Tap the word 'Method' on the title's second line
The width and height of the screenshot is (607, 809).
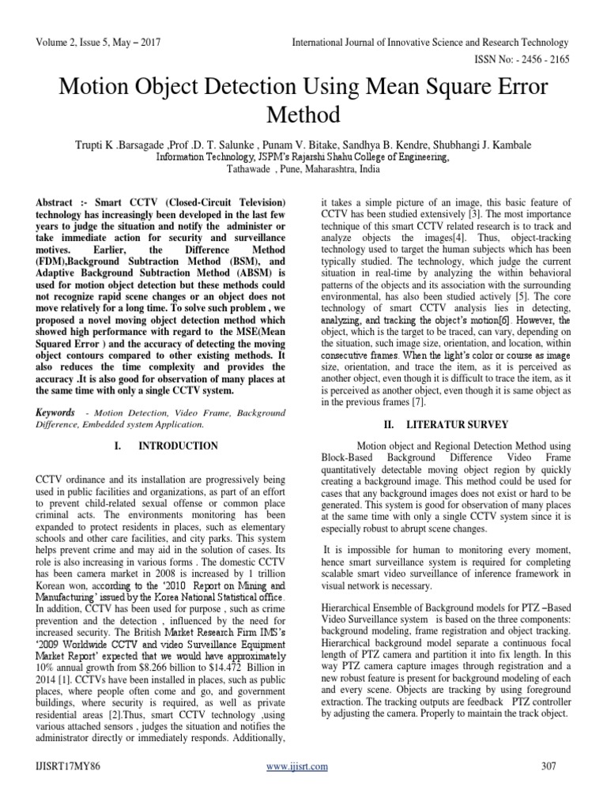[x=303, y=115]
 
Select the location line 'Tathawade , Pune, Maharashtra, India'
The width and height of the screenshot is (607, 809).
[x=303, y=168]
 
